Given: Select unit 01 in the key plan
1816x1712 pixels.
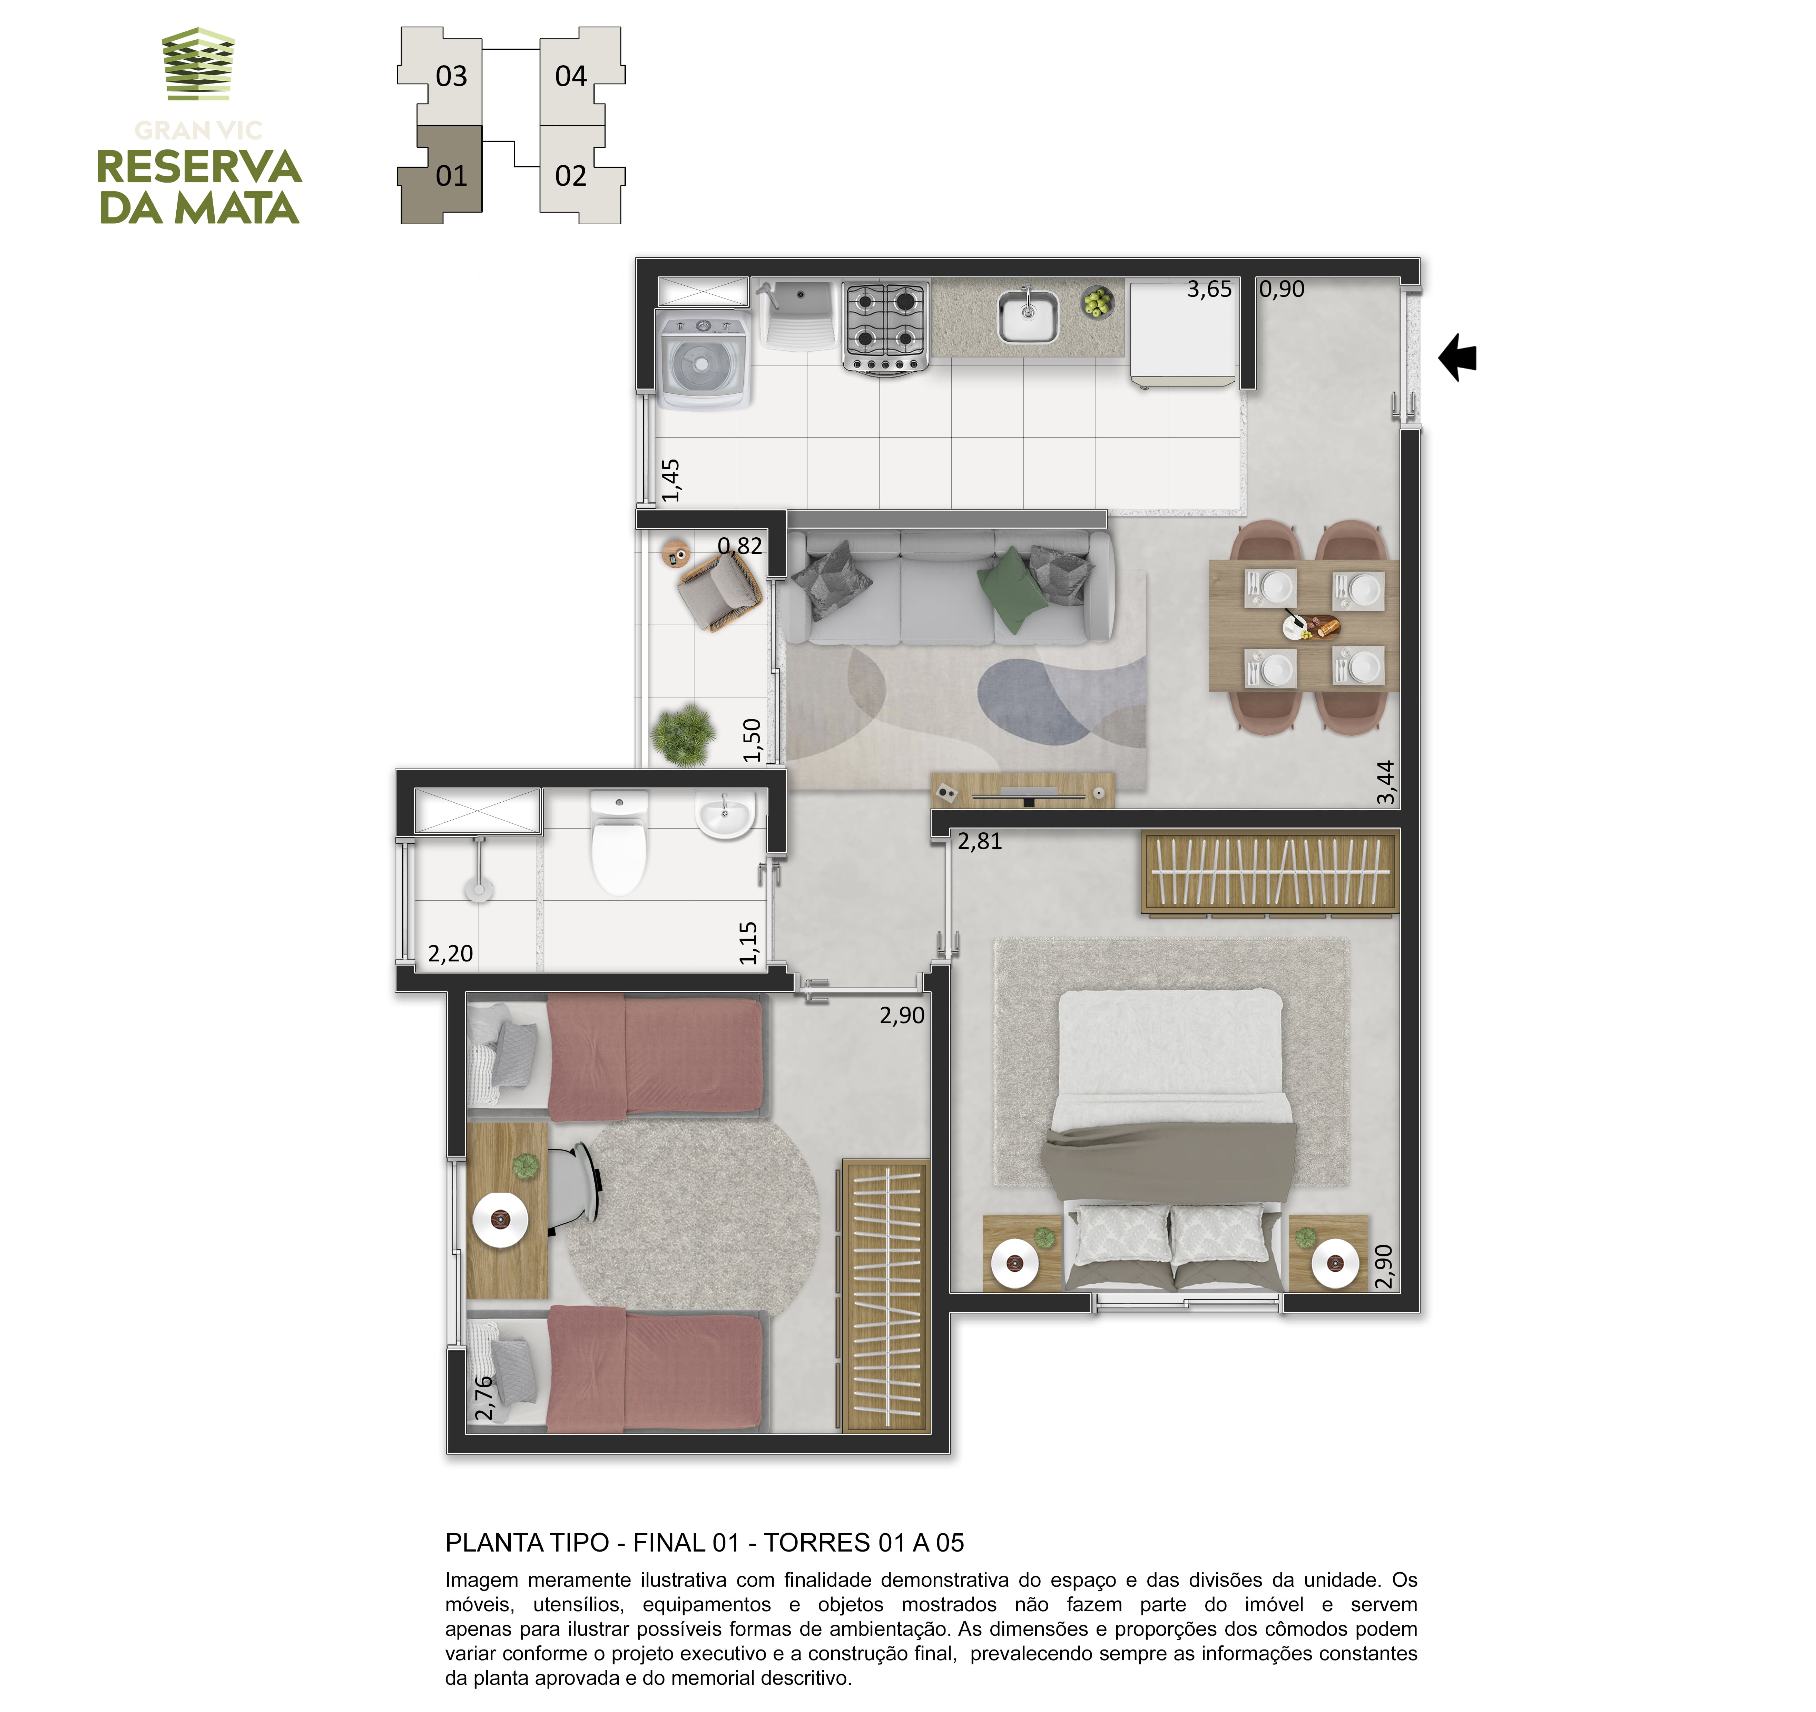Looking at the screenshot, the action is pos(442,175).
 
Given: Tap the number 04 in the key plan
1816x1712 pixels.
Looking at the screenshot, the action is pos(571,76).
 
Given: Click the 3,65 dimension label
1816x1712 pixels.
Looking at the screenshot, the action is pos(1209,290).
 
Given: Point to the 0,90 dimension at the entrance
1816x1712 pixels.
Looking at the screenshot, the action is pos(1282,290).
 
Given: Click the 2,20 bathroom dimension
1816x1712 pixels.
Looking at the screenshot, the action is pos(450,954).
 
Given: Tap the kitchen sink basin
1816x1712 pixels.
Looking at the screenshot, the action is pos(1028,315).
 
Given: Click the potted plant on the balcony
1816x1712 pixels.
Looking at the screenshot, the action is pos(683,734).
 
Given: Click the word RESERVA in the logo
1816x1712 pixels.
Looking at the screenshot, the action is pos(199,167).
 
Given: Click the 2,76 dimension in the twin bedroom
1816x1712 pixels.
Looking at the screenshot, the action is pos(484,1399).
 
